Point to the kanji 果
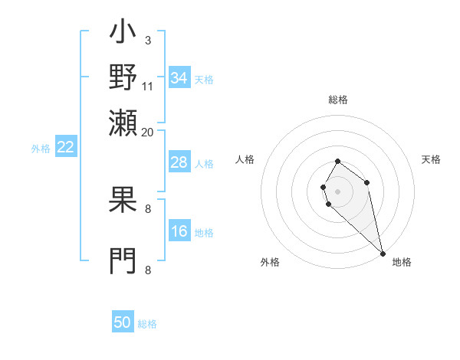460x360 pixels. point(123,201)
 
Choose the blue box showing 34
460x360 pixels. point(179,78)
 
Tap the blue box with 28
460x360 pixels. point(179,162)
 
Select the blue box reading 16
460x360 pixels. point(179,232)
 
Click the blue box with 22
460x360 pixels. point(65,148)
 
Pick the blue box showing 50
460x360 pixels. point(123,322)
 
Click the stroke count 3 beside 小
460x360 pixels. point(148,39)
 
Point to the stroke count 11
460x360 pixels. point(148,86)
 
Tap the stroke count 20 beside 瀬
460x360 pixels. point(148,132)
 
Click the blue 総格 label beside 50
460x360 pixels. point(147,324)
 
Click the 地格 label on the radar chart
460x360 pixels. point(402,262)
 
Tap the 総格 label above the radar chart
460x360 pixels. point(337,100)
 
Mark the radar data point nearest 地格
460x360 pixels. point(383,253)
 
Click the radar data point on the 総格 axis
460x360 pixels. point(337,162)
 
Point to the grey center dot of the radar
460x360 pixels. point(337,190)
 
